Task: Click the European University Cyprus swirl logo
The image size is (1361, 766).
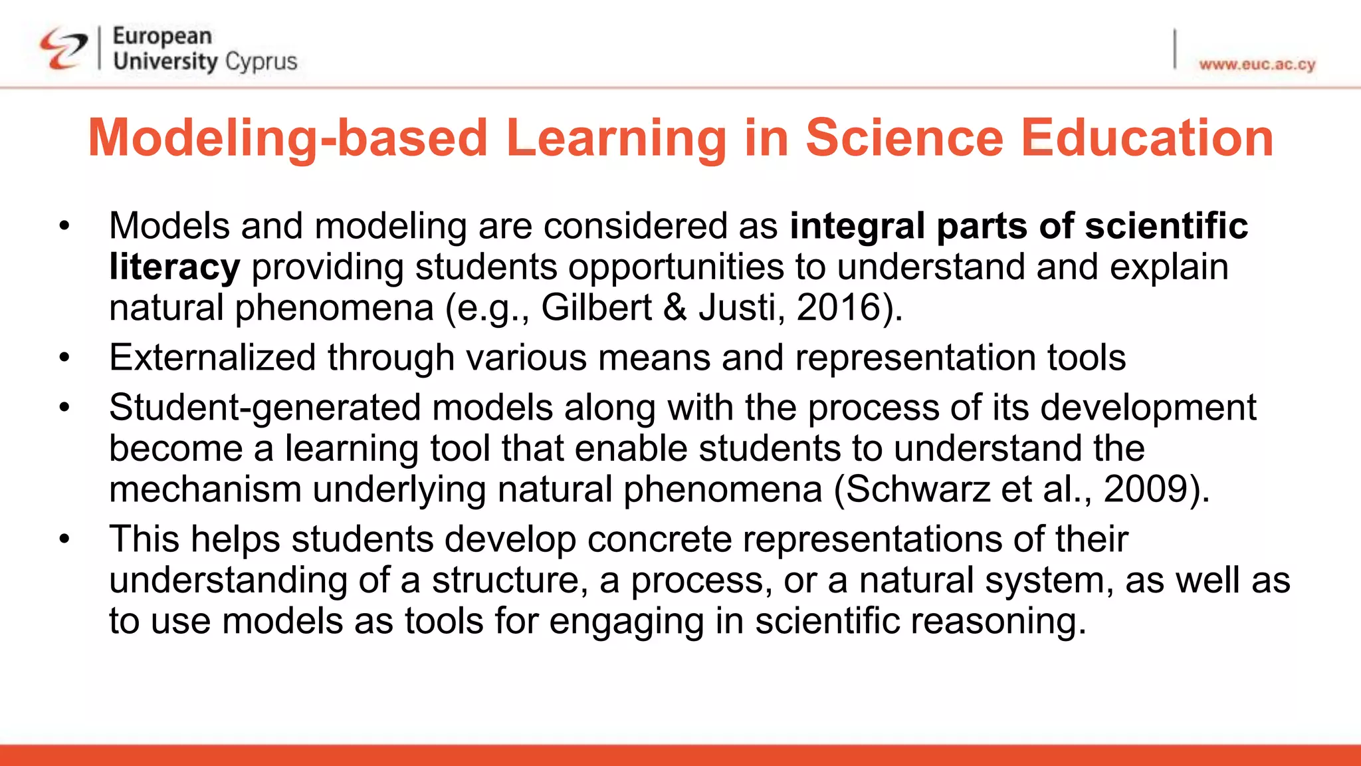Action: (63, 49)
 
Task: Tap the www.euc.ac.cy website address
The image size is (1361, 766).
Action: (1257, 64)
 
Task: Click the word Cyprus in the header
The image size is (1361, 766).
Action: (261, 62)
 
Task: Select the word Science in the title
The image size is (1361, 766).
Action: (904, 138)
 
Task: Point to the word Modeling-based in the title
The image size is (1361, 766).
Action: (288, 138)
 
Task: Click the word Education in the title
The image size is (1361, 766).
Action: (1146, 138)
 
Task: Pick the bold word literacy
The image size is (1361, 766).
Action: (174, 267)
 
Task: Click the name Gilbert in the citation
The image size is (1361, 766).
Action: (596, 308)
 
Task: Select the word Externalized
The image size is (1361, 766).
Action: (212, 358)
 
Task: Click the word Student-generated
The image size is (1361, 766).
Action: (264, 408)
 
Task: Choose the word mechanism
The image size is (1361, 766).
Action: (205, 489)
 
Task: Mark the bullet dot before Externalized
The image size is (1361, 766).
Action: (64, 358)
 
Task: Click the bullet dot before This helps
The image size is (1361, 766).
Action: (64, 539)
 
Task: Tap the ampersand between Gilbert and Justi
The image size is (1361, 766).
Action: (675, 308)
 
